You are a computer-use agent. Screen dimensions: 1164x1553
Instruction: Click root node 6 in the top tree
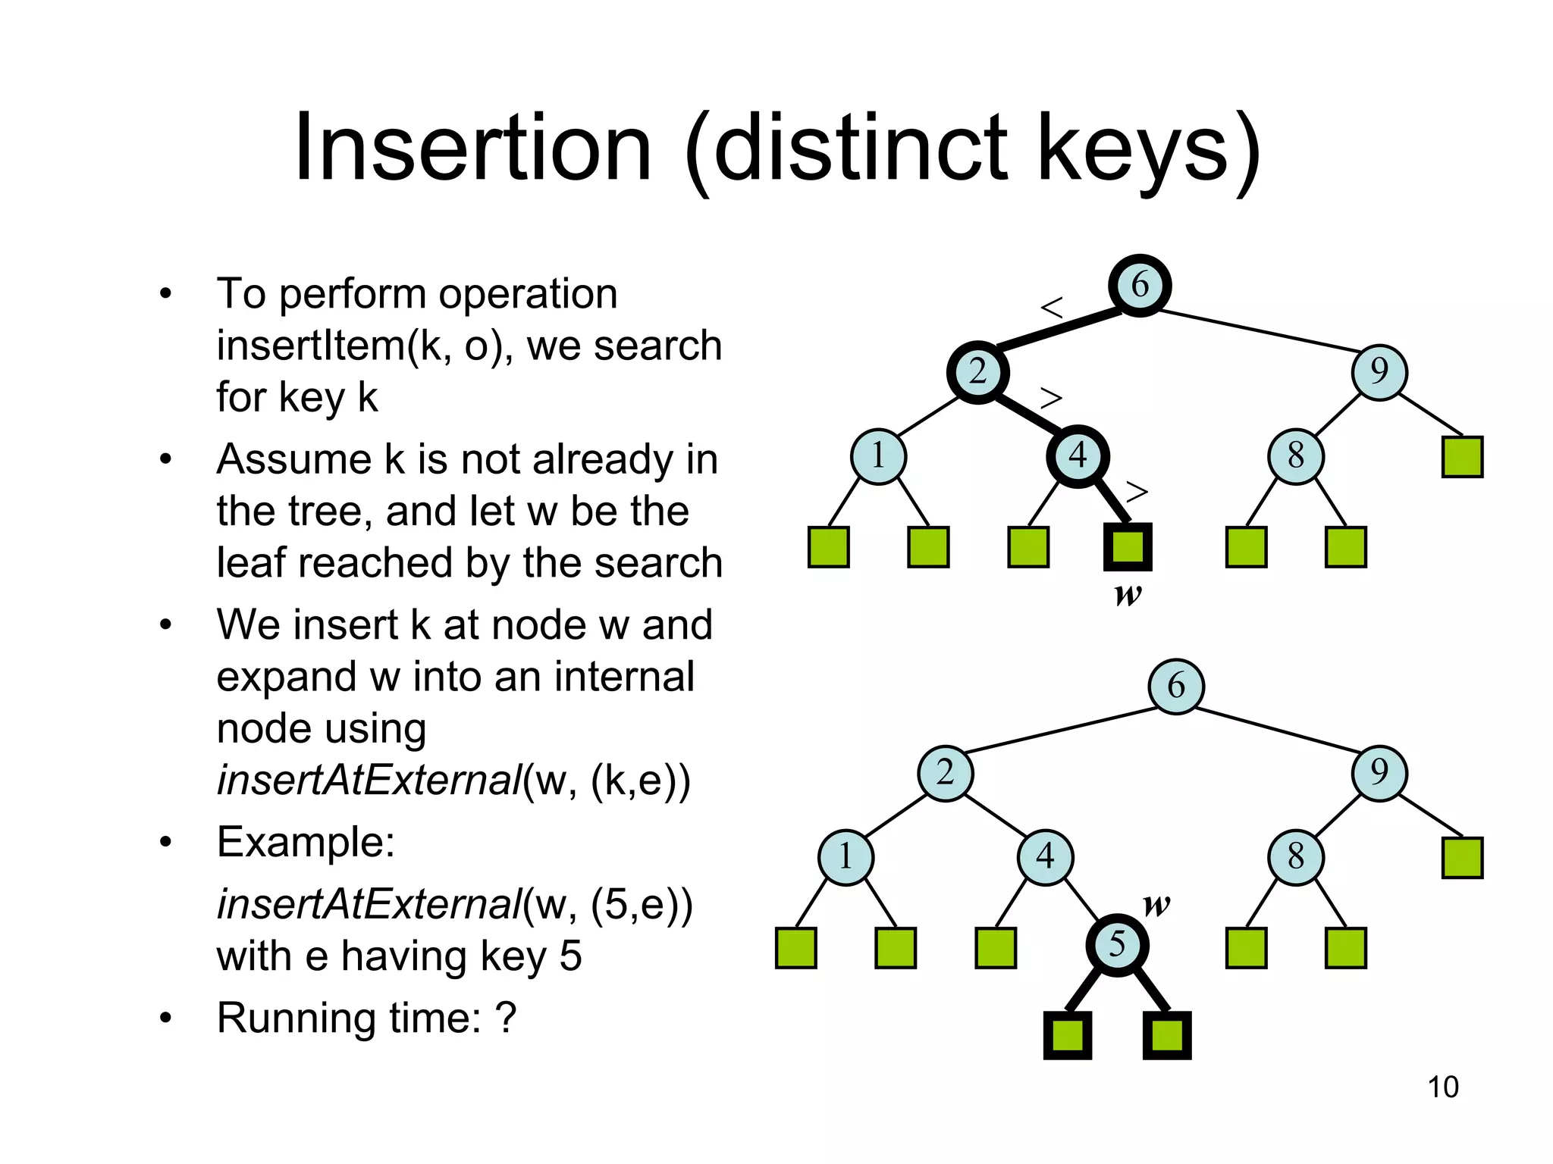click(x=1140, y=286)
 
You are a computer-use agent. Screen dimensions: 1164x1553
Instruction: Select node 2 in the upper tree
click(x=977, y=372)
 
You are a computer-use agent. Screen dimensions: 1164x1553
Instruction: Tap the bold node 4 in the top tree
click(x=1078, y=456)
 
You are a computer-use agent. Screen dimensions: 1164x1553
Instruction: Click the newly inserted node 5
click(x=1117, y=945)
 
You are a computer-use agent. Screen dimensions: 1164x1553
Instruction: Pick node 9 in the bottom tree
click(x=1379, y=773)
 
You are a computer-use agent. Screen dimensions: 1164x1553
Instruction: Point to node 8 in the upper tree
click(x=1296, y=456)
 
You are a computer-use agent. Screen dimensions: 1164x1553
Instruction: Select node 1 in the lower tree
click(x=846, y=857)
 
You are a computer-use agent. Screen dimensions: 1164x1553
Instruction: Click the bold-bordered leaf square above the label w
click(x=1128, y=546)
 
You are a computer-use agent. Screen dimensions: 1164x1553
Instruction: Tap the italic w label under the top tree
click(x=1128, y=594)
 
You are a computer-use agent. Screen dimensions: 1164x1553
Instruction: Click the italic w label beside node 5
click(x=1156, y=904)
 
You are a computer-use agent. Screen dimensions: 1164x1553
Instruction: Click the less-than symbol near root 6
click(x=1052, y=308)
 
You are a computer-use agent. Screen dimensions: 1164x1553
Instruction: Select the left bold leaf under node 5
click(x=1068, y=1035)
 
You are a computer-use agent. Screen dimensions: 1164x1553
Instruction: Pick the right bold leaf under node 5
click(x=1167, y=1035)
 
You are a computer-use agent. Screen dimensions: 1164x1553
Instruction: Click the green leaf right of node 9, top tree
click(x=1462, y=456)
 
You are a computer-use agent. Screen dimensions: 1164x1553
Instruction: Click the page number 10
click(x=1442, y=1087)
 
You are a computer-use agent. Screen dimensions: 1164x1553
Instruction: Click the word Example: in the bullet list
click(x=306, y=841)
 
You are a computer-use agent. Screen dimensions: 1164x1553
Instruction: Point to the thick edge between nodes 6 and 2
click(x=1058, y=330)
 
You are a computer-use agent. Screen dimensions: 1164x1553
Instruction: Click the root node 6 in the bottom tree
click(x=1175, y=686)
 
